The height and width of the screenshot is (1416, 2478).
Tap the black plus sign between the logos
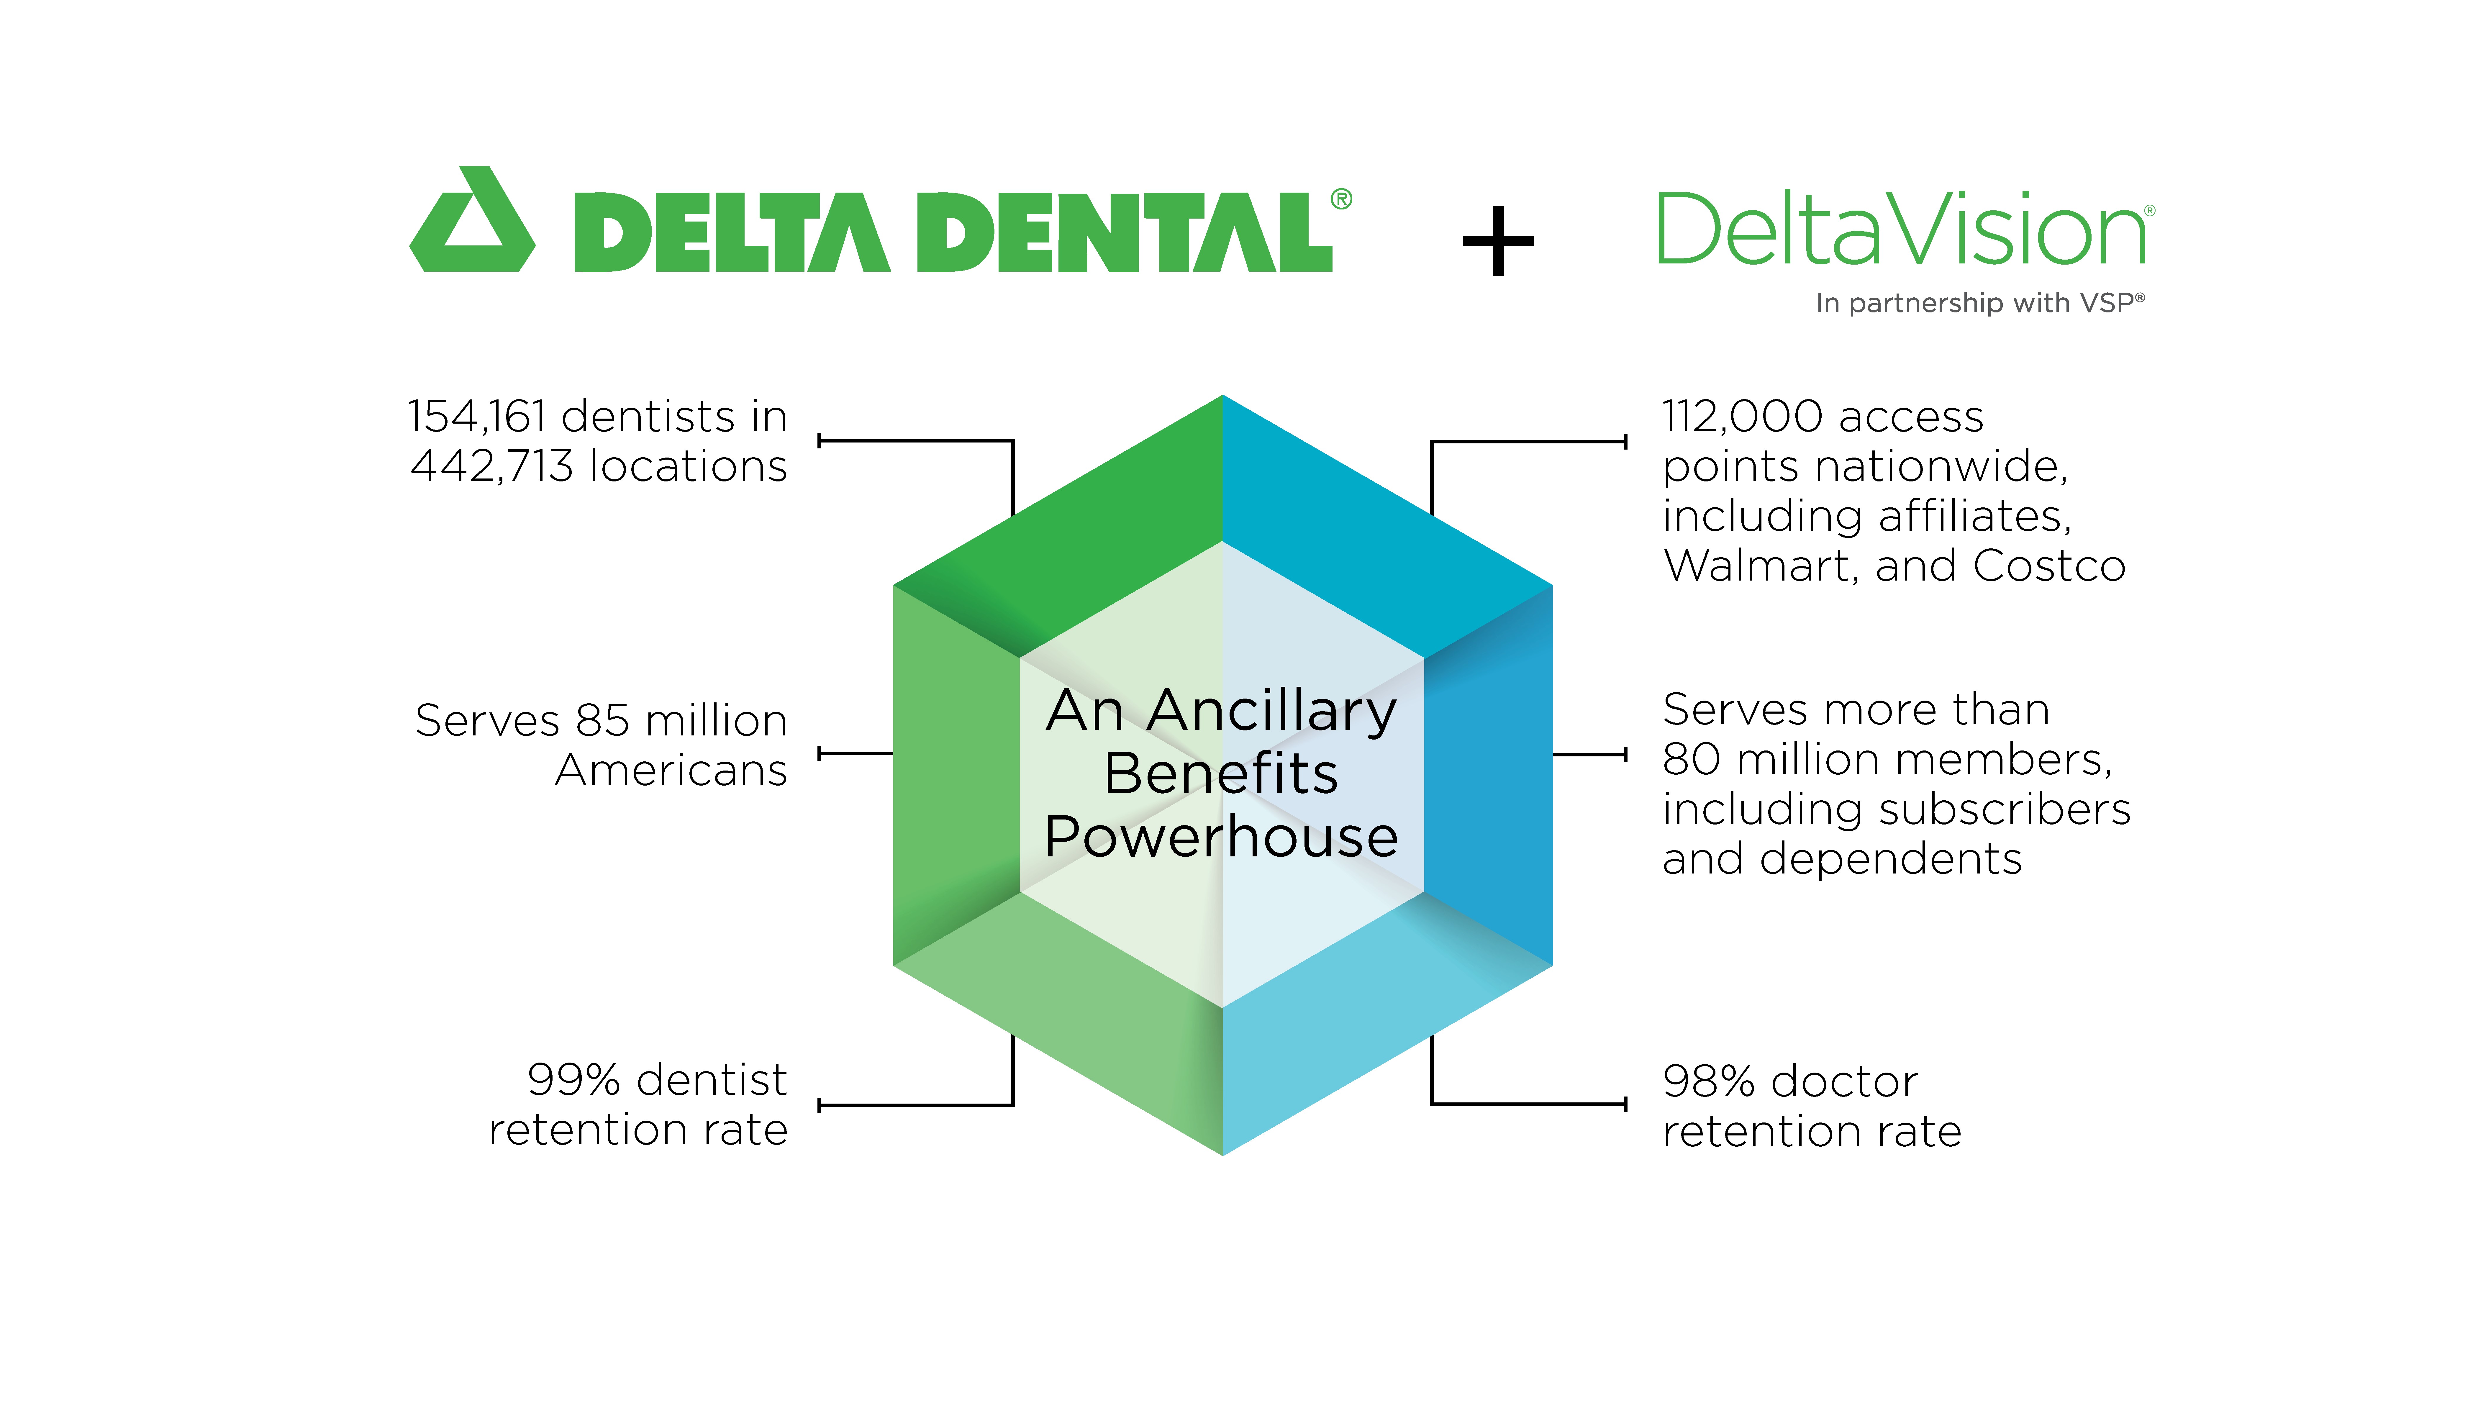pos(1498,240)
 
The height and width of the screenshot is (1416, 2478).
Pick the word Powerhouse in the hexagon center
pos(1222,836)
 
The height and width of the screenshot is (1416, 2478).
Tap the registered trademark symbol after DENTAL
pos(1341,199)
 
